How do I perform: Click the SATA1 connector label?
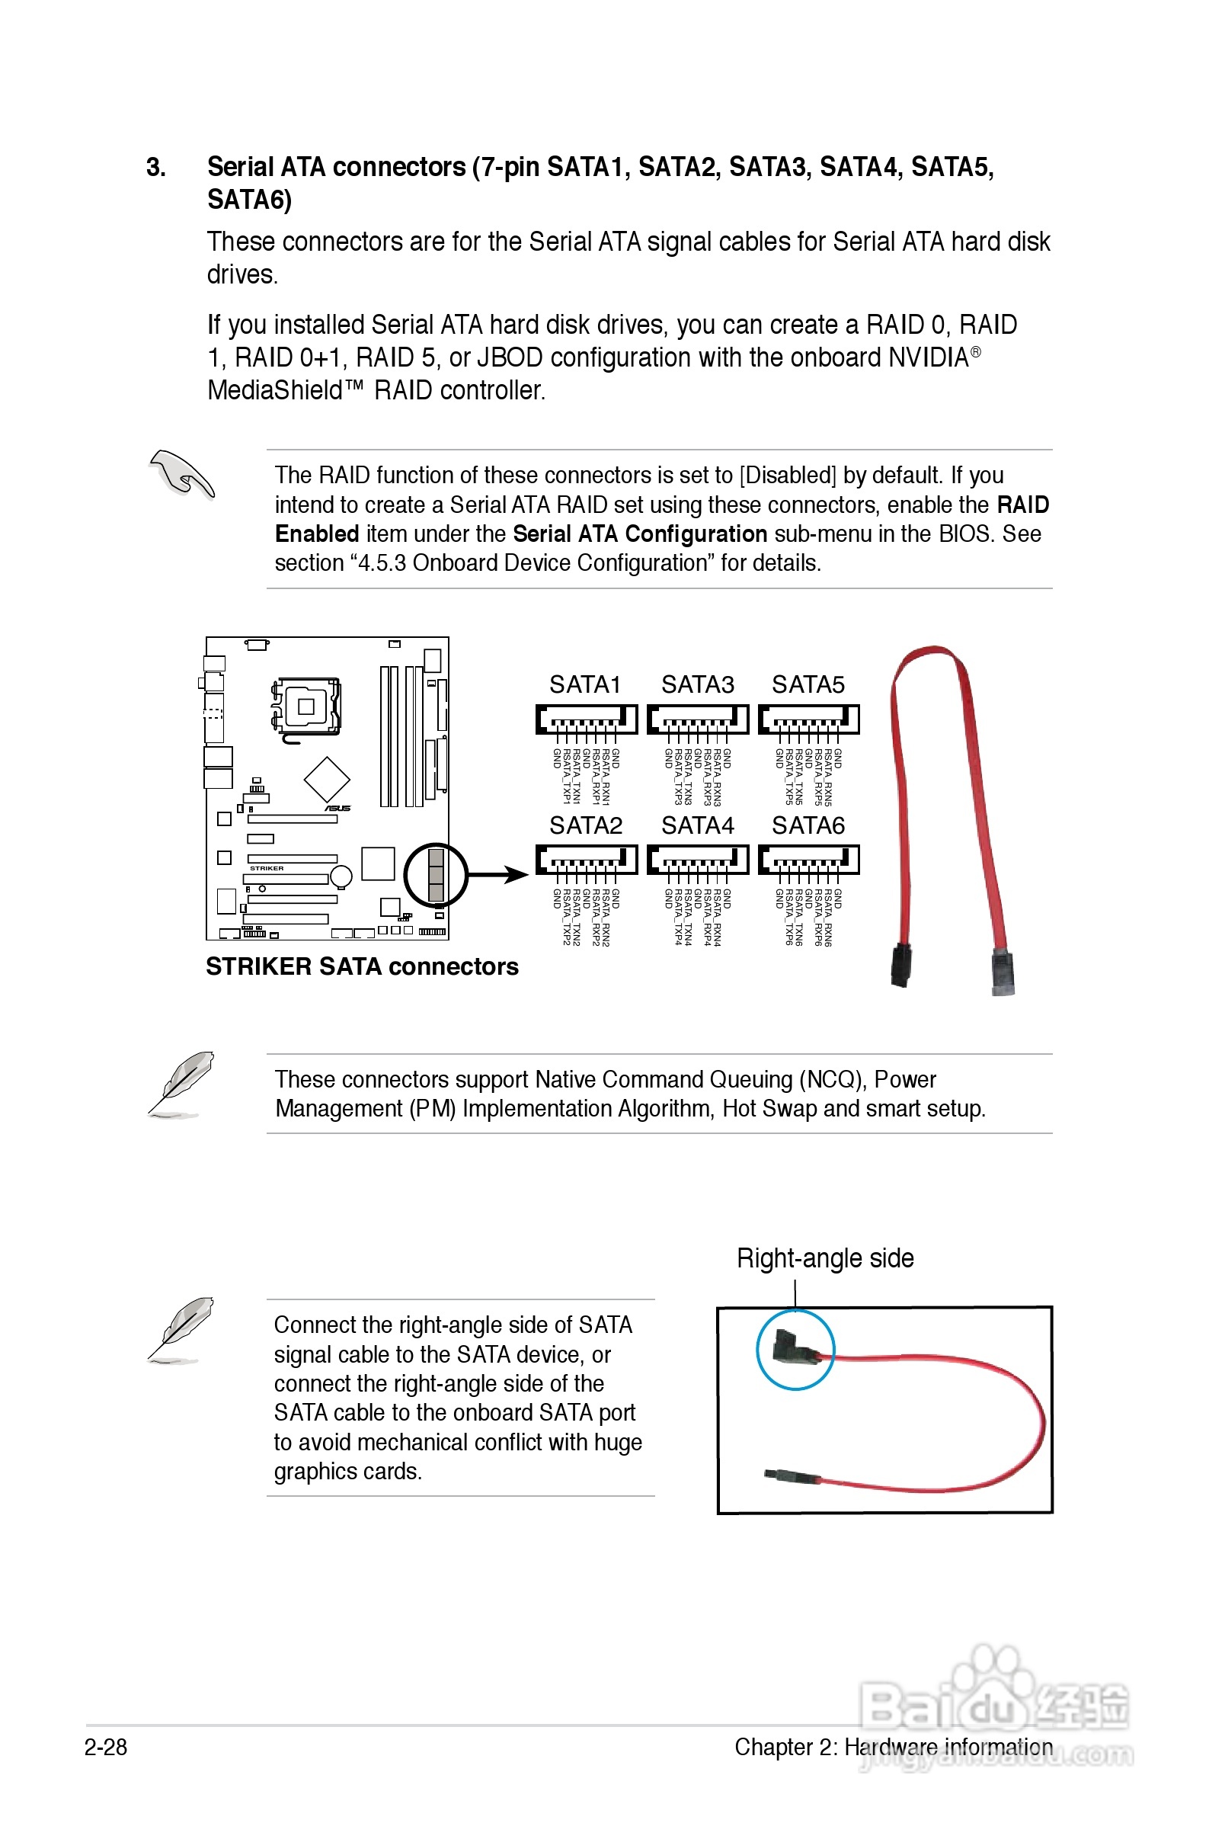[584, 684]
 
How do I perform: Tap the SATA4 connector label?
[697, 825]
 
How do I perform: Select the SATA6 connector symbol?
[808, 859]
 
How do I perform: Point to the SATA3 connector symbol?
[697, 719]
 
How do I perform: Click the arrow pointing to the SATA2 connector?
[498, 874]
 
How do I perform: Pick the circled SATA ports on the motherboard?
[436, 874]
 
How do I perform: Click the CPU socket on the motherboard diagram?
[306, 706]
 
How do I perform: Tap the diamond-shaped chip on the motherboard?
[327, 779]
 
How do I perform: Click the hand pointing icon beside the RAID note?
[182, 473]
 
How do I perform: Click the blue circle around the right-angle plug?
[795, 1350]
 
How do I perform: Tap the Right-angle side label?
[825, 1258]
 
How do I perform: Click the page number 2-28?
[106, 1747]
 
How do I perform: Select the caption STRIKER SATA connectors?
[362, 966]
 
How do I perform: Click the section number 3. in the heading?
[155, 168]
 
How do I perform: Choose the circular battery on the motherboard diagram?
[341, 876]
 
